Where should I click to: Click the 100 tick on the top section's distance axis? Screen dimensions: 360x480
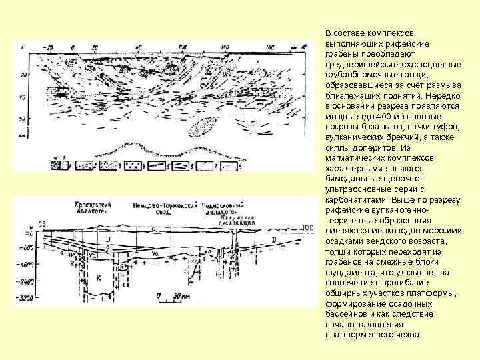point(181,47)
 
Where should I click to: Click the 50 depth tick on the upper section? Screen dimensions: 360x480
point(22,119)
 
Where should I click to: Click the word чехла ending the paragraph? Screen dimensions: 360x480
point(407,334)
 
